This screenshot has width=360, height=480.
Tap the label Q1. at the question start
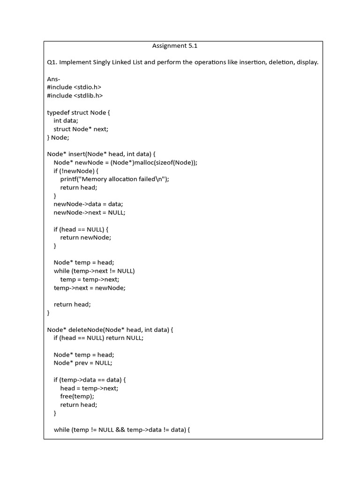pyautogui.click(x=52, y=62)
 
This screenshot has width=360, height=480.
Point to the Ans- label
pyautogui.click(x=54, y=79)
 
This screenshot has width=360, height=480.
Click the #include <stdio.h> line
pyautogui.click(x=74, y=87)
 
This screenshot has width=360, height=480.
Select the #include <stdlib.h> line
pyautogui.click(x=75, y=96)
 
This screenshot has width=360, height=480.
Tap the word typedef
pyautogui.click(x=58, y=112)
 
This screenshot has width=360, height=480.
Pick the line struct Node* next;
pyautogui.click(x=84, y=129)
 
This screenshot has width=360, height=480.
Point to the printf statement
pyautogui.click(x=114, y=179)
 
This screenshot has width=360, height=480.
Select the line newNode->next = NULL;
pyautogui.click(x=90, y=212)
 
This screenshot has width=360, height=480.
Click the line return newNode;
pyautogui.click(x=86, y=237)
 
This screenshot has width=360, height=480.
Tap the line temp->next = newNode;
pyautogui.click(x=90, y=288)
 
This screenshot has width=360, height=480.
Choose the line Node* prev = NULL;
pyautogui.click(x=83, y=363)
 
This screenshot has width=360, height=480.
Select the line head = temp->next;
pyautogui.click(x=89, y=388)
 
